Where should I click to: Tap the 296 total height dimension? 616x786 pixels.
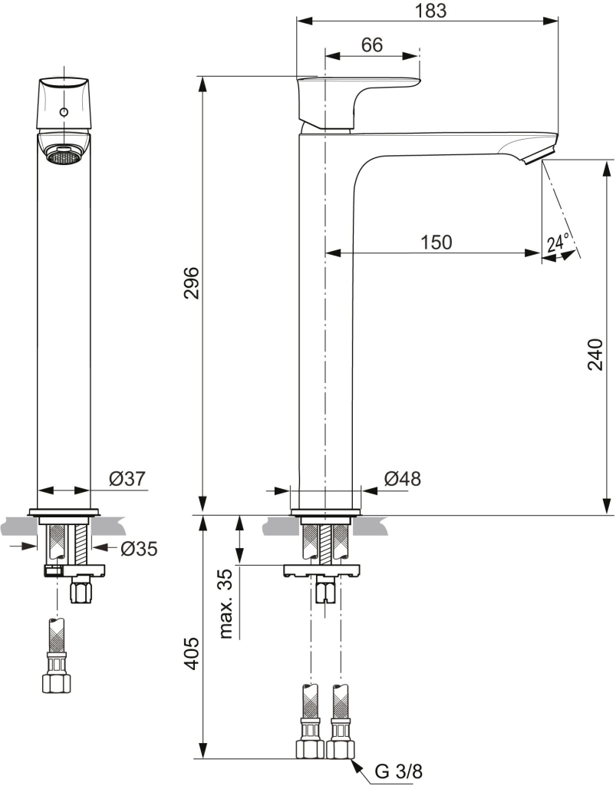pyautogui.click(x=192, y=283)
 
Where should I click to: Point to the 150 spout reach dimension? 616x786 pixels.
pyautogui.click(x=436, y=242)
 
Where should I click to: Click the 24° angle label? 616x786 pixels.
pyautogui.click(x=558, y=243)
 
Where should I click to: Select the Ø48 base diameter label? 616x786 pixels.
pyautogui.click(x=402, y=479)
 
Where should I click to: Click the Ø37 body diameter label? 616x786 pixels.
pyautogui.click(x=127, y=479)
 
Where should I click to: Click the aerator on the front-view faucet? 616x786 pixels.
pyautogui.click(x=64, y=155)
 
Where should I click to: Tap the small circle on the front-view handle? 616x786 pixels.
pyautogui.click(x=64, y=113)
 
